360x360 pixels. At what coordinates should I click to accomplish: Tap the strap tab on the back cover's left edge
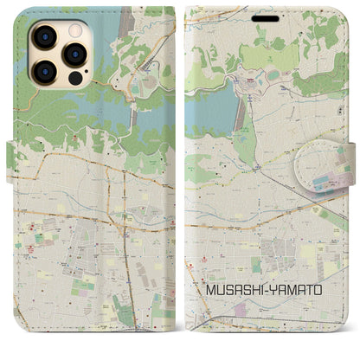[12, 155]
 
